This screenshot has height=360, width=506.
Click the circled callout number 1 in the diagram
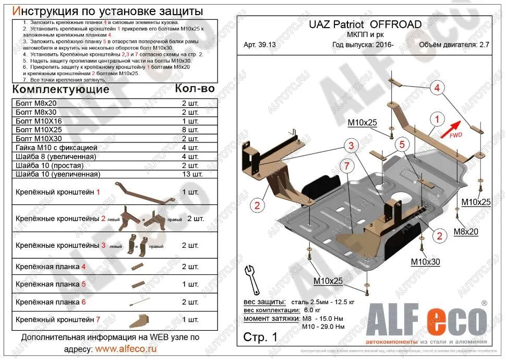[438, 118]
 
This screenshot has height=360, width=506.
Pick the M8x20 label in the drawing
[465, 232]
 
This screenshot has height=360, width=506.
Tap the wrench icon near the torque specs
[253, 281]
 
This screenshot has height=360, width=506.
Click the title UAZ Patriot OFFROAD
[365, 25]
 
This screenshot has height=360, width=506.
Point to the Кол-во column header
[195, 88]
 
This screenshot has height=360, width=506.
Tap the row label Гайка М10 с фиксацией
[56, 147]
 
